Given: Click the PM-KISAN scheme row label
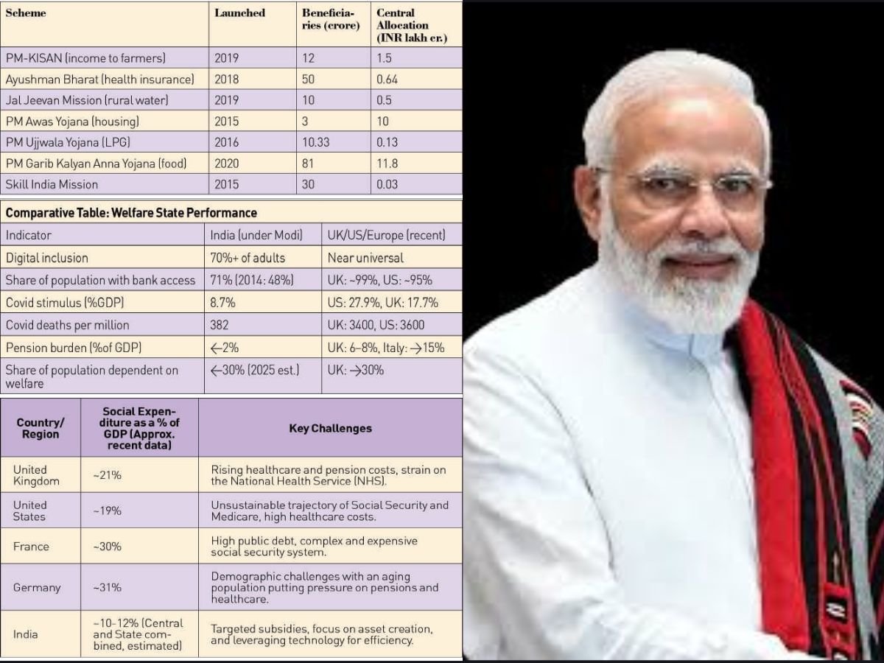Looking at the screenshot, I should (85, 57).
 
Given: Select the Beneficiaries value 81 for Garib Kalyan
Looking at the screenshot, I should (308, 164).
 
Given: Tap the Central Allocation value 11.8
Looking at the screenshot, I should (387, 164).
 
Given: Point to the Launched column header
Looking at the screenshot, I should (239, 13).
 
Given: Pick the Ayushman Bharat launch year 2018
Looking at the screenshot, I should (226, 79).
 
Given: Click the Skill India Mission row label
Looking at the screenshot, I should (52, 184).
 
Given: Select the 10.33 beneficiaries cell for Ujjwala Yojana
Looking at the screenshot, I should (318, 142).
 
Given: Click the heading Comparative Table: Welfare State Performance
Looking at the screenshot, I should (131, 213).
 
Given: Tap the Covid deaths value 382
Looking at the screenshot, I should (220, 325).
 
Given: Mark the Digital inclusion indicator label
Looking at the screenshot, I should (47, 258).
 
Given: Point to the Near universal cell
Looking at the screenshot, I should (366, 258).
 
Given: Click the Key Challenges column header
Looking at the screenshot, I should (330, 428).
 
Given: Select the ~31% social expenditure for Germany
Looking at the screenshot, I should (107, 588).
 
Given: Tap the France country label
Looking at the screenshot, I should (31, 547).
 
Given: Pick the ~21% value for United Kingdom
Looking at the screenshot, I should (107, 476).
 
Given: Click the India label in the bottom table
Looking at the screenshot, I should (25, 634).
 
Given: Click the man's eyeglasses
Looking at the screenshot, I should (681, 184).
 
